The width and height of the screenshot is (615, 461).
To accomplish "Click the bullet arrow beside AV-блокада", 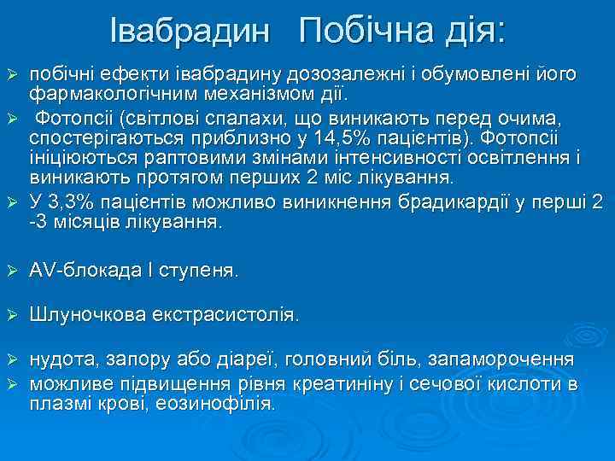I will (12, 271).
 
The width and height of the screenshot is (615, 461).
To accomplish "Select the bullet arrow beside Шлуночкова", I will (12, 316).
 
